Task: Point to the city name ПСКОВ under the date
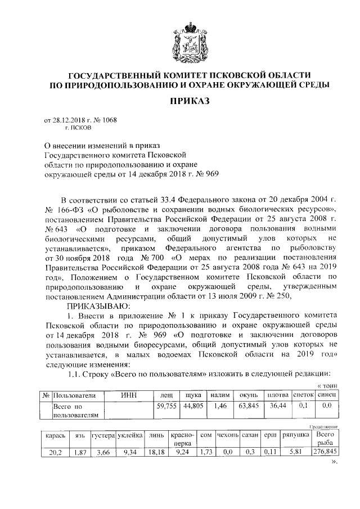click(x=74, y=128)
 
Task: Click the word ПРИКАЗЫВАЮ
click(x=100, y=306)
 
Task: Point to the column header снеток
click(x=303, y=396)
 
